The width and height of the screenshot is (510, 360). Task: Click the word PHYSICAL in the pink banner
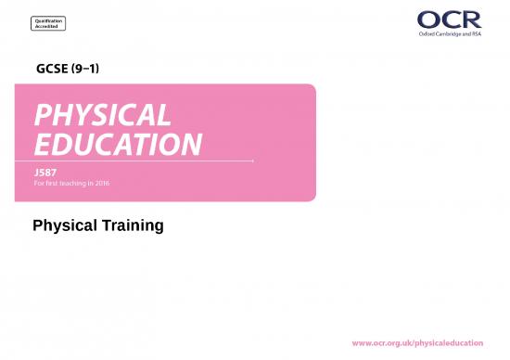click(102, 116)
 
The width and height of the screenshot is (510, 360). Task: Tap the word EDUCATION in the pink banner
click(118, 145)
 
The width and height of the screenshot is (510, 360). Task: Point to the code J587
click(45, 173)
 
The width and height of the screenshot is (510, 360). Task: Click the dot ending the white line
click(254, 161)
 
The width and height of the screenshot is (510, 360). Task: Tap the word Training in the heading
click(134, 225)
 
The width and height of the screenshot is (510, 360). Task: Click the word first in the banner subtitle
click(56, 182)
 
